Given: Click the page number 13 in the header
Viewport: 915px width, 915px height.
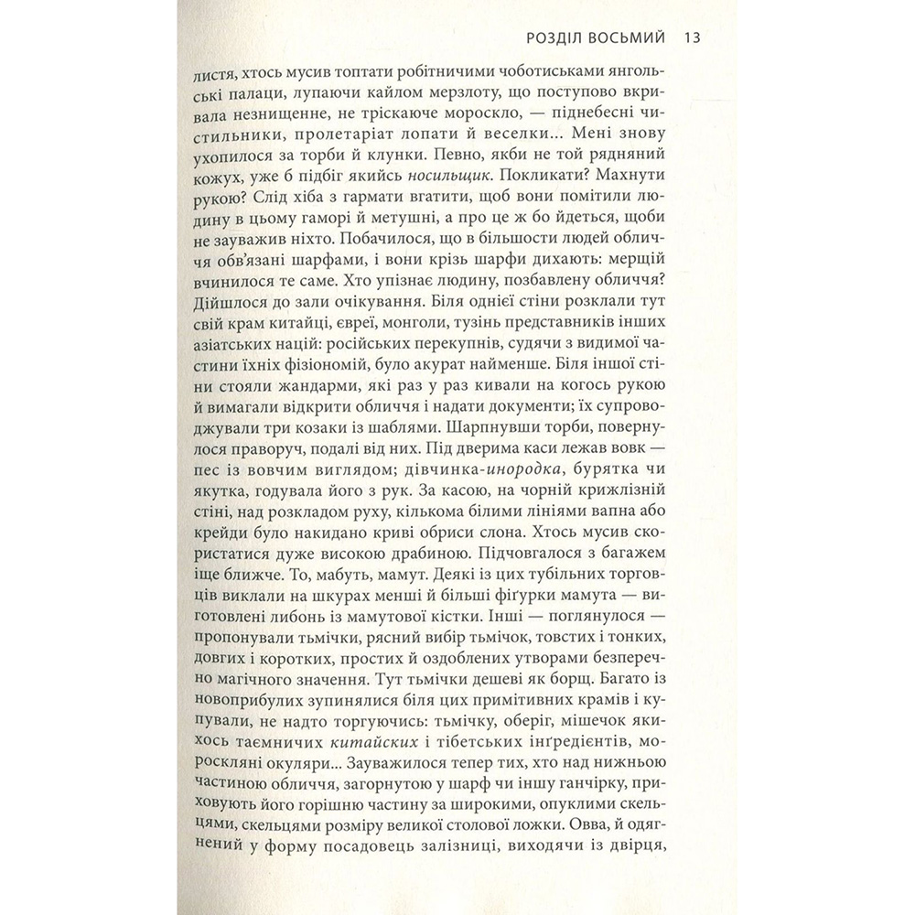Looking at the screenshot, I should click(692, 39).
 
